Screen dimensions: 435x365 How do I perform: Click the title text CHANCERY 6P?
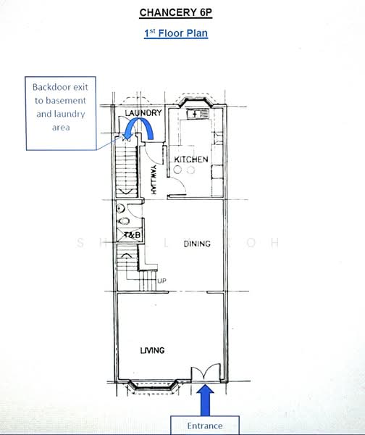pos(176,13)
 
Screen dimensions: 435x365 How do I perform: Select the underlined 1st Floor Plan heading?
pos(176,33)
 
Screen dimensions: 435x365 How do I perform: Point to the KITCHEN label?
pos(191,159)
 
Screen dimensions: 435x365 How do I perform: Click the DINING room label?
pos(196,244)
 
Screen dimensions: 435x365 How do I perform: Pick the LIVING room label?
pos(152,351)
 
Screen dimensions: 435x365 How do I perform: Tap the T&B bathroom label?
pos(131,236)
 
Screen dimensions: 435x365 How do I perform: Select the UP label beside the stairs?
pos(161,281)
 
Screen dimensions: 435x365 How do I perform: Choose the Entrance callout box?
pos(205,425)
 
